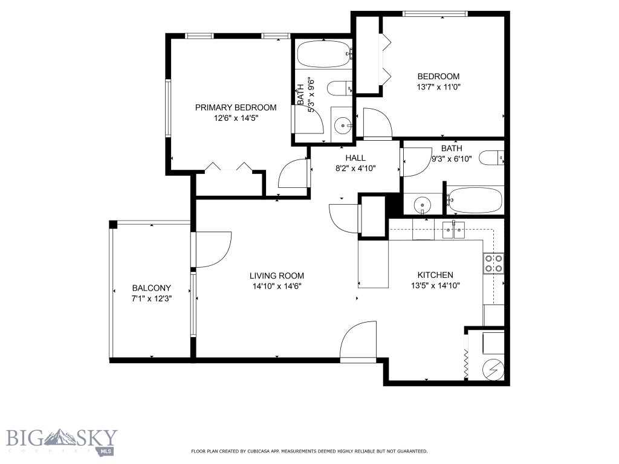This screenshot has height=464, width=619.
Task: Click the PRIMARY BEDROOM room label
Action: click(x=236, y=108)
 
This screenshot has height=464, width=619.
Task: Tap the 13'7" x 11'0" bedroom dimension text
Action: click(x=438, y=87)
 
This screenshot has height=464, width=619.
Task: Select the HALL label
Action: click(x=355, y=158)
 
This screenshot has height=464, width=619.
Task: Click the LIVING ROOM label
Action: click(x=276, y=275)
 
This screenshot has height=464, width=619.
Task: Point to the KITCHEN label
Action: click(x=432, y=275)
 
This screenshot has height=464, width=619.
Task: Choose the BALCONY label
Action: click(x=152, y=288)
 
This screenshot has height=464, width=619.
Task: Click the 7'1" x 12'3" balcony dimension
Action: click(x=152, y=298)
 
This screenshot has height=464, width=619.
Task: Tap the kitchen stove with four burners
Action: click(x=493, y=263)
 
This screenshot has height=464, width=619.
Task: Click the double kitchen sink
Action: click(x=453, y=228)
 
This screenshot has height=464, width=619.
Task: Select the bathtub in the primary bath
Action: click(x=323, y=54)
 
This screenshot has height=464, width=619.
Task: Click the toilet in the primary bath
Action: click(x=339, y=89)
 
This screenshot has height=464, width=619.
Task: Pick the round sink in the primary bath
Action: click(x=343, y=126)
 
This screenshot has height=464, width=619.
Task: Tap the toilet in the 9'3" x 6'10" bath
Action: click(x=491, y=158)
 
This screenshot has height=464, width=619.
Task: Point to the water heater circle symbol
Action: click(x=493, y=369)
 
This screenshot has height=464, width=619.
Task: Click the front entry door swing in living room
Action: click(x=360, y=341)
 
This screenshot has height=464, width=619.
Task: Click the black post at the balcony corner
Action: click(x=112, y=224)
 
